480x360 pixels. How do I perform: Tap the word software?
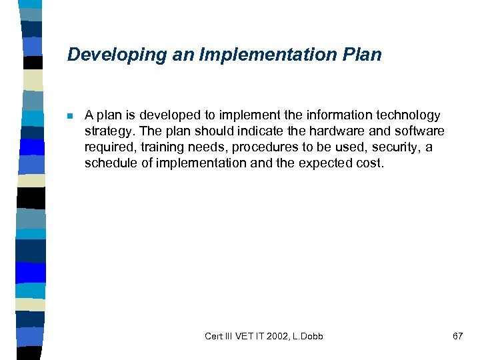[419, 131]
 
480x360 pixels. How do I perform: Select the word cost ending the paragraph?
[370, 163]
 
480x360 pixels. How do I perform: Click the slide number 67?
[457, 336]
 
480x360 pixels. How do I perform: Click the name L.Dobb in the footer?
[307, 336]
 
